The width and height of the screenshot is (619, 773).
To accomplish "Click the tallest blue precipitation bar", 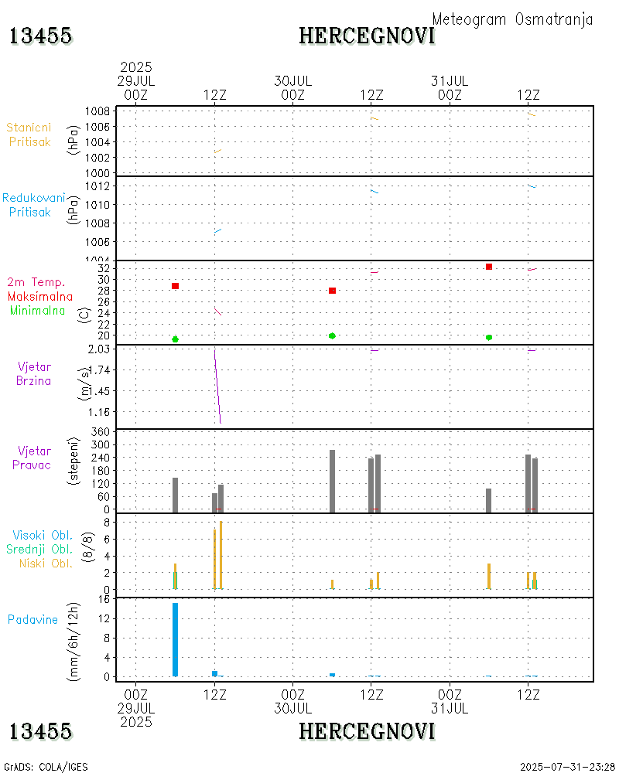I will coord(176,639).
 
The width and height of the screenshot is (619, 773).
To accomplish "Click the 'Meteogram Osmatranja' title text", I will coord(512,19).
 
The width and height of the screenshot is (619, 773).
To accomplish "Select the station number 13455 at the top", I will coord(41,36).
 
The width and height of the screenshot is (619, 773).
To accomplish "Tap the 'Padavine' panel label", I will coord(33,619).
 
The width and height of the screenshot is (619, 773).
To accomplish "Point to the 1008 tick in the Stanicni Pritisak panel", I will coord(97,111).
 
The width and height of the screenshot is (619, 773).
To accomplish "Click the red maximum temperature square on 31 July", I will coord(489,267).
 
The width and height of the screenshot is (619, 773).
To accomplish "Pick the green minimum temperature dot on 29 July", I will coord(176,339).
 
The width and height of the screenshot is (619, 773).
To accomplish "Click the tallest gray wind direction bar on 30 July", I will coord(333,481).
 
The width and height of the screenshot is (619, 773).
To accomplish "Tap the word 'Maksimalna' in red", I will coord(40,297).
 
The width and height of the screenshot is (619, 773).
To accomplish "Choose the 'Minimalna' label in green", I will coord(38,311).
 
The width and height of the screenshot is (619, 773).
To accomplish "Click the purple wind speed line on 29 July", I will coord(217,386).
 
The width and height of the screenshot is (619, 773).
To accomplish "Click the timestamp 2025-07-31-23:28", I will coord(568,767).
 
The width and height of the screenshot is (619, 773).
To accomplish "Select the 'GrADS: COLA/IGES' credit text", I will coord(46,767).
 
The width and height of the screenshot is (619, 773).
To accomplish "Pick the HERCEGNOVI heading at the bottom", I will coord(367,731).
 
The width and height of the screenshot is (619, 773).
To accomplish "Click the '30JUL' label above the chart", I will coord(293,80).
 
